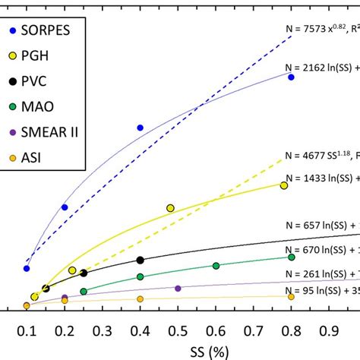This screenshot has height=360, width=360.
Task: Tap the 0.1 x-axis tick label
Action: click(27, 330)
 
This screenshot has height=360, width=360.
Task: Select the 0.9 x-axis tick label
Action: click(328, 330)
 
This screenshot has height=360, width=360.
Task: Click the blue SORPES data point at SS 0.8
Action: click(291, 77)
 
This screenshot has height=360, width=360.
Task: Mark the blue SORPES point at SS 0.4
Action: click(140, 128)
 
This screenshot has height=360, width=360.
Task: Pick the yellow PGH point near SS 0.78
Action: click(284, 185)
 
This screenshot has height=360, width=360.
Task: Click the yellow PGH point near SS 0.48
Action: click(170, 207)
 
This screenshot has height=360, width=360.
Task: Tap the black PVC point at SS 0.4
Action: click(140, 261)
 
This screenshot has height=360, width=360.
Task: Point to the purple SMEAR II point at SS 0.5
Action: click(178, 289)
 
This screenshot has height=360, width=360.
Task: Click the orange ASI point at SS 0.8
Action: click(291, 297)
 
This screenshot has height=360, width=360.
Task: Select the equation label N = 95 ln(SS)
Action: click(319, 290)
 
